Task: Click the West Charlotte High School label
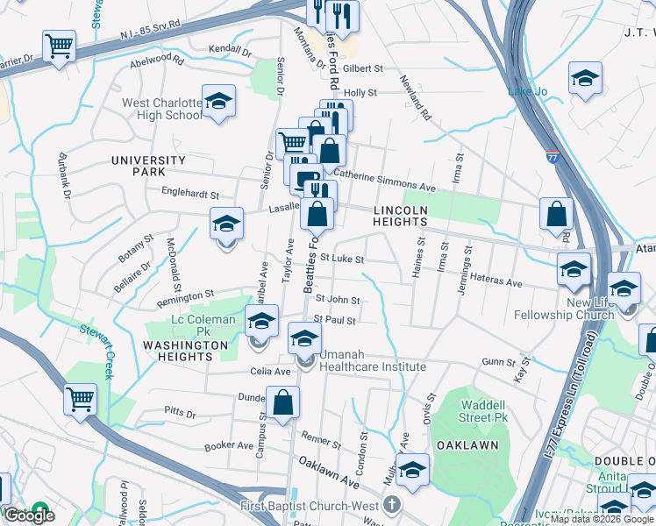pyautogui.click(x=161, y=109)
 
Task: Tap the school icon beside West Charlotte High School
pyautogui.click(x=218, y=101)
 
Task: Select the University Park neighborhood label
pyautogui.click(x=148, y=166)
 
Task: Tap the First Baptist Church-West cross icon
pyautogui.click(x=392, y=505)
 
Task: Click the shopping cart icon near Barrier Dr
pyautogui.click(x=59, y=46)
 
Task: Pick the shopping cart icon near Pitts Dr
pyautogui.click(x=80, y=400)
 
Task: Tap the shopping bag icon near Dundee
pyautogui.click(x=282, y=404)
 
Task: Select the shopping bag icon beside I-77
pyautogui.click(x=556, y=214)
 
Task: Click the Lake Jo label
pyautogui.click(x=527, y=91)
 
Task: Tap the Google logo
pyautogui.click(x=29, y=515)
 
